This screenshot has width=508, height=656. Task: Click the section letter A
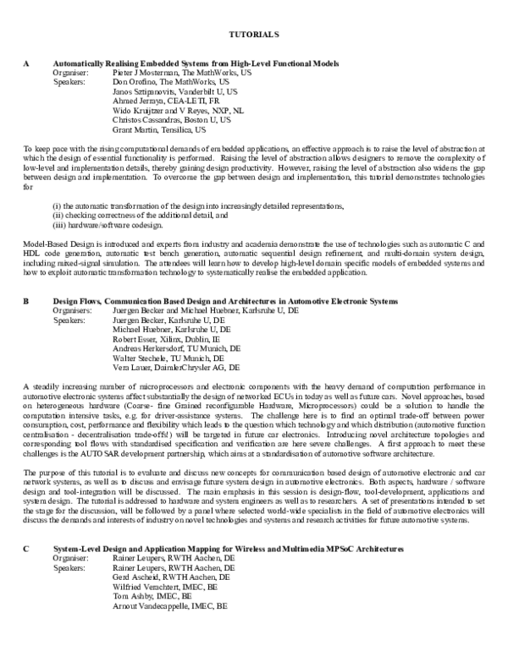point(26,63)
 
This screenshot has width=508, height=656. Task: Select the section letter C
point(26,549)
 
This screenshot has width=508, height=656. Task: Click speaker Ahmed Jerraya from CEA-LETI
point(140,101)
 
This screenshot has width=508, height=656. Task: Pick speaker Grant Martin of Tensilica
point(135,130)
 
